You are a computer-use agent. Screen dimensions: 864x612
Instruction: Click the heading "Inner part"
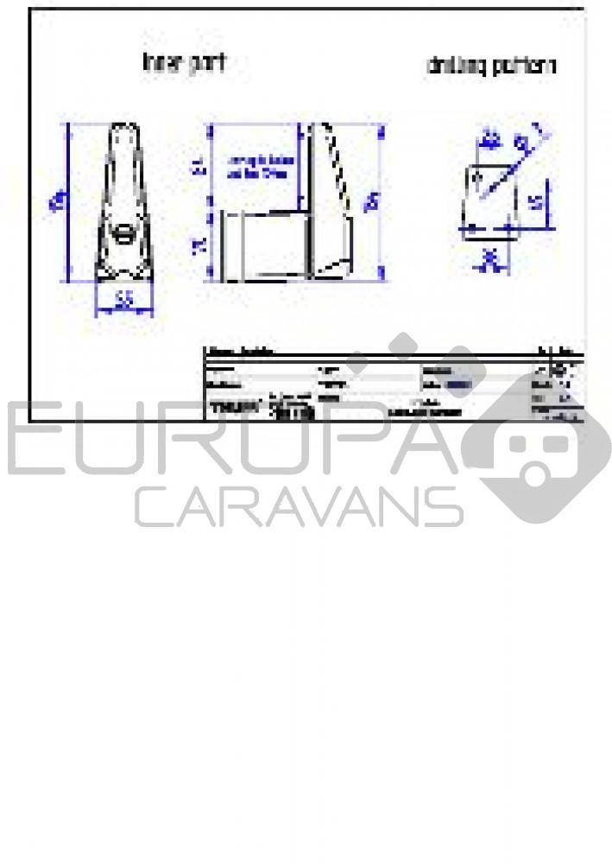[x=185, y=63]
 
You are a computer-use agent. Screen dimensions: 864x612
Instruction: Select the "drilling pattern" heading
[x=491, y=67]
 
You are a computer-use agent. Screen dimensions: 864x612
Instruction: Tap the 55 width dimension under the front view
[x=123, y=300]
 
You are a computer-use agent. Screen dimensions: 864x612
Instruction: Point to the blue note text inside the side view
[x=260, y=167]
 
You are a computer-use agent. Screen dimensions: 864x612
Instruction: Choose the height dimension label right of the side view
[x=372, y=203]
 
